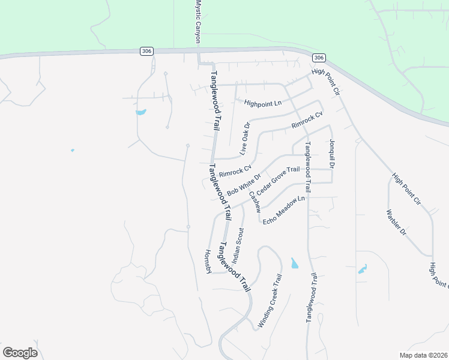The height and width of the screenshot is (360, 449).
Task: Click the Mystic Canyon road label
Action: [x=197, y=20]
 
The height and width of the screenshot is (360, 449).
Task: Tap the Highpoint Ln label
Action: [x=263, y=103]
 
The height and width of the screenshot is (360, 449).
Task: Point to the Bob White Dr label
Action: [x=244, y=185]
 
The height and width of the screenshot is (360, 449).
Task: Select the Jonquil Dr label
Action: [x=331, y=154]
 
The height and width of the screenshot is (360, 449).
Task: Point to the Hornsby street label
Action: [x=208, y=262]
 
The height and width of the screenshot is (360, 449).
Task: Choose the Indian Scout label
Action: [x=239, y=245]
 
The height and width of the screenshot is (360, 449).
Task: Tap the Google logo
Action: [x=20, y=353]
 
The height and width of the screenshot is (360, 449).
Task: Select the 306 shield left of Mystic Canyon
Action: [x=146, y=51]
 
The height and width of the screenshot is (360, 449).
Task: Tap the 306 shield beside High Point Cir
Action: [x=319, y=58]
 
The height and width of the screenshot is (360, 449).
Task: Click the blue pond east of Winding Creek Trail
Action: [x=294, y=263]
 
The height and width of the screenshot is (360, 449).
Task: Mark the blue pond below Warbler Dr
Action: [x=363, y=269]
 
